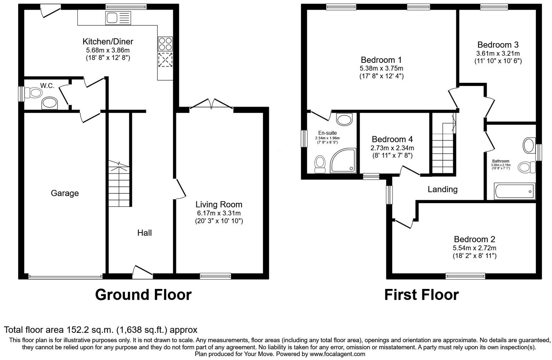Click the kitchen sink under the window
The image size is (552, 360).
point(118,18)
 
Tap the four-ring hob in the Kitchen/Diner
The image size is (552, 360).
point(165,44)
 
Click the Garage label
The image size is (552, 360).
point(65,193)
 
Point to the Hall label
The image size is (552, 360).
point(145,233)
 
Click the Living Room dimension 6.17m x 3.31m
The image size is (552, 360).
point(219,213)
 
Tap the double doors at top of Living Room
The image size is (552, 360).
point(211,104)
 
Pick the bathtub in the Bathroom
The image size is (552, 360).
point(515,191)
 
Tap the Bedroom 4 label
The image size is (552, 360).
point(392,139)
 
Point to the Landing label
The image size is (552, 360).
point(442,189)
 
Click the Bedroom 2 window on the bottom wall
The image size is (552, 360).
point(465,276)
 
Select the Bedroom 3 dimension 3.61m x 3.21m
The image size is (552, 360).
point(498,54)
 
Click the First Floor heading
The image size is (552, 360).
point(421,295)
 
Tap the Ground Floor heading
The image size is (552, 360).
point(143,295)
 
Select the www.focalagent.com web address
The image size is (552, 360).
point(337,354)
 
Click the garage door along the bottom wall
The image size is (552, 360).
point(65,276)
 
